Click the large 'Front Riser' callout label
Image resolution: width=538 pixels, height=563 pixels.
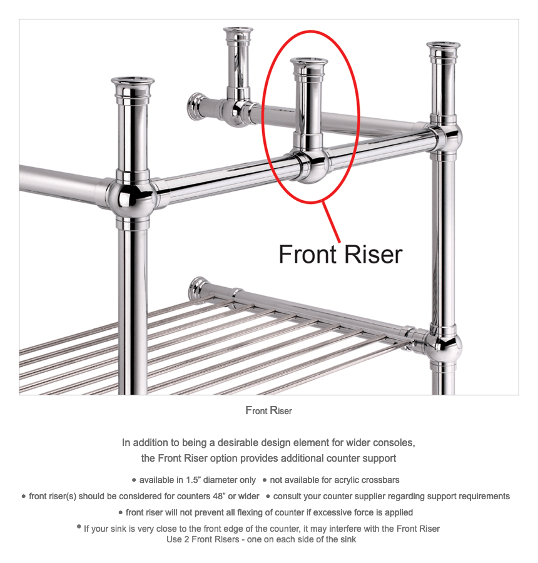[x=340, y=255]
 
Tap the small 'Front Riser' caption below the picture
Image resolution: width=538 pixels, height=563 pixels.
[x=268, y=410]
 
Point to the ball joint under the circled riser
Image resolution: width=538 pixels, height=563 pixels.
[x=310, y=166]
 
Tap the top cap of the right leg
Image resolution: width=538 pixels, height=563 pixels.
[x=444, y=49]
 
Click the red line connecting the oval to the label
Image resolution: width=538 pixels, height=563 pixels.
[x=332, y=222]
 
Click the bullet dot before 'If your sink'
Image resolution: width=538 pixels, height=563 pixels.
[x=79, y=526]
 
